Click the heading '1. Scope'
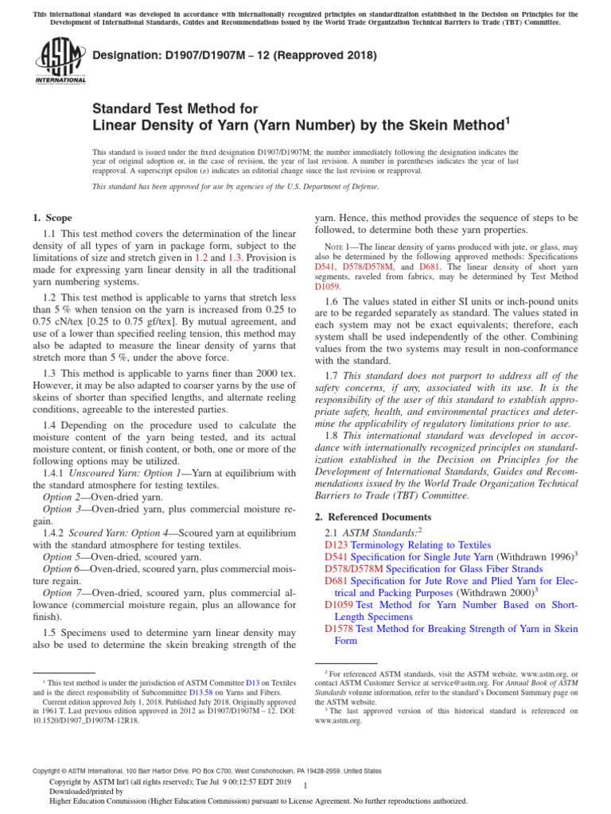coord(52,218)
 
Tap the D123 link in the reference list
coord(337,545)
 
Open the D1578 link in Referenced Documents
coord(339,629)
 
